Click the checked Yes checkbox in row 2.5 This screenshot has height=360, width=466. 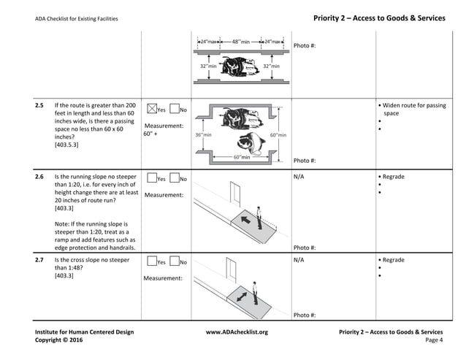152,110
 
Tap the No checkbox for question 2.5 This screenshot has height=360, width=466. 174,110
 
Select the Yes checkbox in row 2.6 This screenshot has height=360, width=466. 152,178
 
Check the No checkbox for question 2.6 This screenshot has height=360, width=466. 174,178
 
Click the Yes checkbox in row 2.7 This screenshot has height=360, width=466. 152,261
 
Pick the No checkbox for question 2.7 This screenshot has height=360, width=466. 174,261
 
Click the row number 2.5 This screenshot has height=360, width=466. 39,107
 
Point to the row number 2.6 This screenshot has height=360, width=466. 39,177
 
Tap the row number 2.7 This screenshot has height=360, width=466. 39,260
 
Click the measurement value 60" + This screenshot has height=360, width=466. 150,134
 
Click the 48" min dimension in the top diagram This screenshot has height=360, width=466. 241,41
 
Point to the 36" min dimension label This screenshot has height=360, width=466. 204,135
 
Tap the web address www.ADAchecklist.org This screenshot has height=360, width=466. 237,332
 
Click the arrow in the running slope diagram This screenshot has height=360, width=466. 244,217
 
